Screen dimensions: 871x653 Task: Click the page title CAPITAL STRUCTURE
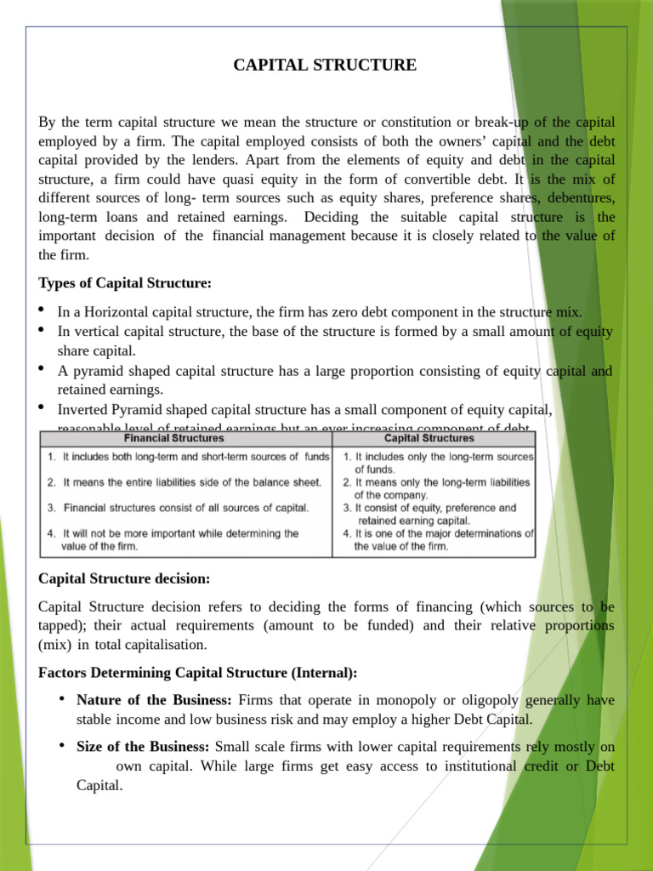[326, 65]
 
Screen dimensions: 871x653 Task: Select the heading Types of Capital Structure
[125, 282]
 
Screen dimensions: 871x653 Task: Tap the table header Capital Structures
[429, 439]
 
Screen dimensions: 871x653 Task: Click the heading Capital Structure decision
[124, 578]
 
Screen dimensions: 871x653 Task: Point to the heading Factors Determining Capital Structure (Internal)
[198, 673]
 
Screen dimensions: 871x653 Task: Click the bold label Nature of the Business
[154, 700]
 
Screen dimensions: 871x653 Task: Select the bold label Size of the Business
[143, 747]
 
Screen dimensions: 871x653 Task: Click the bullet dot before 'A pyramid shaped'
[43, 369]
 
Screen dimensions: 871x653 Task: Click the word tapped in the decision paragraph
[62, 626]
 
